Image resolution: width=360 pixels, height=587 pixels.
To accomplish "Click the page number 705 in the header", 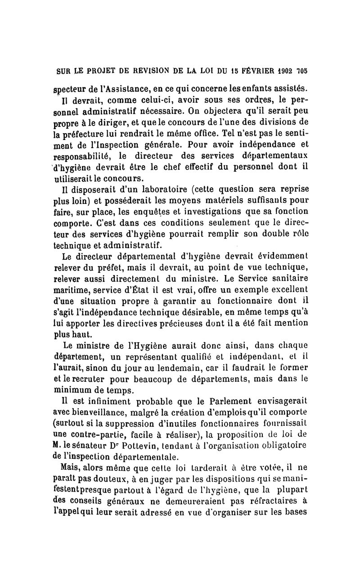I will [x=302, y=71].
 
